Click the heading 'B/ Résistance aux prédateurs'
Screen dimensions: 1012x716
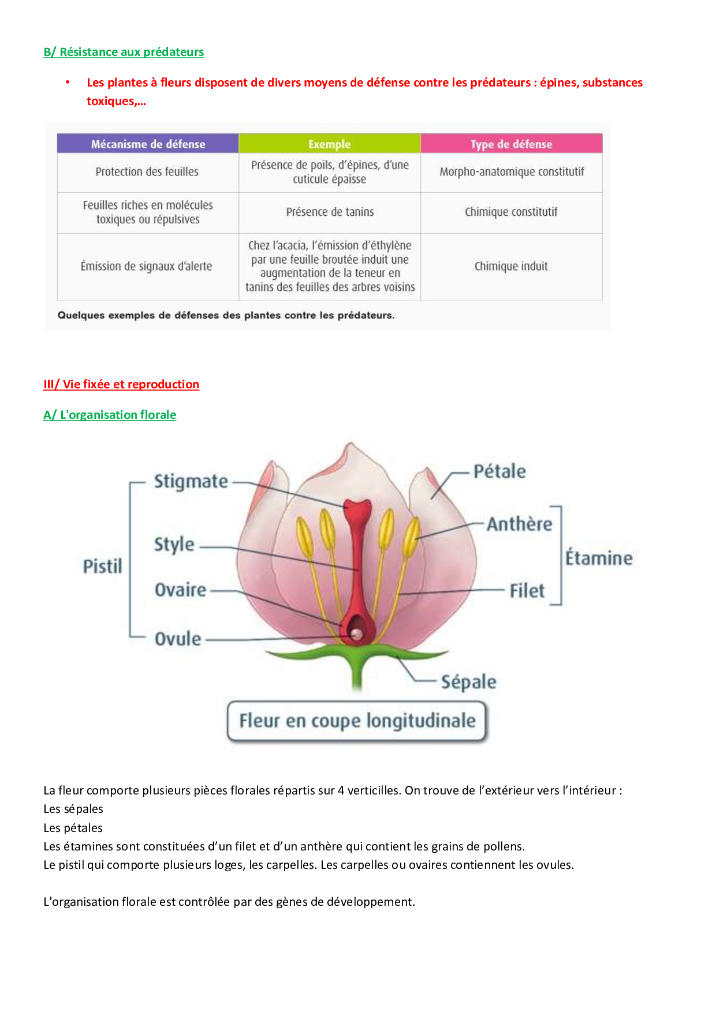(124, 52)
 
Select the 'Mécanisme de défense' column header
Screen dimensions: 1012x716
(148, 144)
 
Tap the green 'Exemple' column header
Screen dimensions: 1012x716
(329, 144)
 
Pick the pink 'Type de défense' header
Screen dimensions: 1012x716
(511, 144)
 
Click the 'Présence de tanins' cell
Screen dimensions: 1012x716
(330, 212)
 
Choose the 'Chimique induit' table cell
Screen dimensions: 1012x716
(511, 266)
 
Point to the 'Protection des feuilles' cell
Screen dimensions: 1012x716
(147, 171)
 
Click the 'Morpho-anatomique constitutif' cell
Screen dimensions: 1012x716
(512, 171)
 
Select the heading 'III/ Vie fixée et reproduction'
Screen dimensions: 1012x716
(121, 384)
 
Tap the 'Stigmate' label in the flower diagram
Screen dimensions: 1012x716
(191, 481)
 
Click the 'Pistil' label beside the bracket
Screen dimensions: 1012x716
(102, 566)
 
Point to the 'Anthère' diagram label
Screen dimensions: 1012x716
(519, 524)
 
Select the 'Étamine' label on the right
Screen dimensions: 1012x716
(599, 558)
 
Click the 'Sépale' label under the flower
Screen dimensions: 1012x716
(468, 682)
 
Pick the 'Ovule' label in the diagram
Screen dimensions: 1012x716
(178, 639)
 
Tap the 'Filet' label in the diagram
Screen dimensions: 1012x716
(527, 591)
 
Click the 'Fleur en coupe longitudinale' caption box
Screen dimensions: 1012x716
(357, 721)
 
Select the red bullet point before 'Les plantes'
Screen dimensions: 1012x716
(68, 83)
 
